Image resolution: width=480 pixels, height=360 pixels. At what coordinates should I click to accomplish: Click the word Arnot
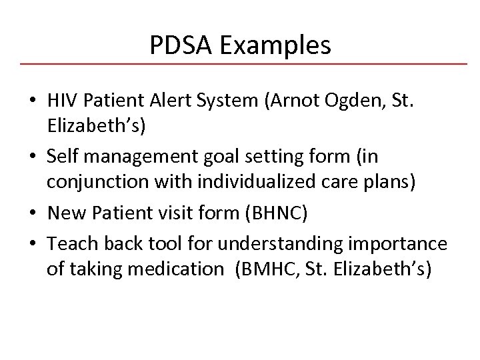point(288,103)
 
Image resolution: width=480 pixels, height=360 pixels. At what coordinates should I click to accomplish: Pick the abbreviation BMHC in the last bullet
point(265,271)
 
